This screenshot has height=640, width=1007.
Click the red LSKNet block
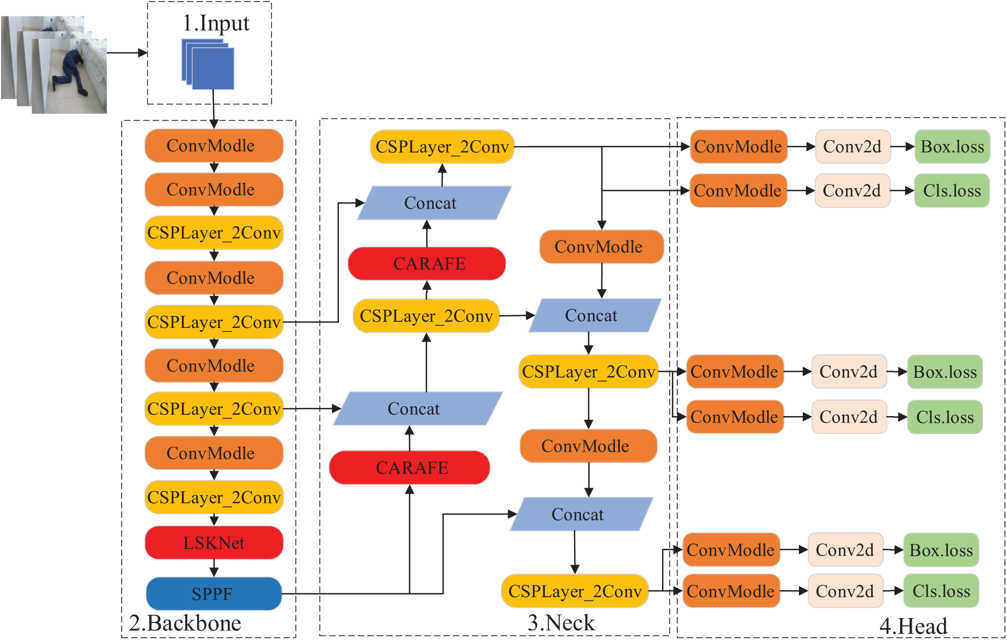click(214, 543)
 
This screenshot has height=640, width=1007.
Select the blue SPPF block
click(214, 593)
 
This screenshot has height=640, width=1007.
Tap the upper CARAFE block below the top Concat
click(427, 263)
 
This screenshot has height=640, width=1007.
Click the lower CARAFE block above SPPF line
click(410, 468)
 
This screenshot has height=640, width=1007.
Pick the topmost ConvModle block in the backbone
click(214, 146)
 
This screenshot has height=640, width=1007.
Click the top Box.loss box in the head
click(952, 147)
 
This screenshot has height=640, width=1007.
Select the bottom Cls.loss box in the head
click(941, 591)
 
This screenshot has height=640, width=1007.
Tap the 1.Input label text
click(216, 24)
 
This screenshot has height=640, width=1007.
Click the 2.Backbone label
click(185, 623)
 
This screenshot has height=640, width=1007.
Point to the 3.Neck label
click(561, 622)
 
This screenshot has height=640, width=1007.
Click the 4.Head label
click(913, 626)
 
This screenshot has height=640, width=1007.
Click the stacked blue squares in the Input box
click(209, 65)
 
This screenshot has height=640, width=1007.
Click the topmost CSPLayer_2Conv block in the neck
click(442, 147)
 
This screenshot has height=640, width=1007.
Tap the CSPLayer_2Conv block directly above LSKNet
click(214, 497)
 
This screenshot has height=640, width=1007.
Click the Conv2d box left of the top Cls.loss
click(852, 191)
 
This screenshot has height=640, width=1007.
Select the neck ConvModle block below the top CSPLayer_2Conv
click(601, 246)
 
